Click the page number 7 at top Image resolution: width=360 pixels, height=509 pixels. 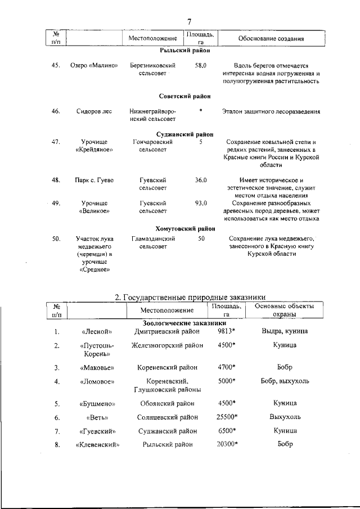189,22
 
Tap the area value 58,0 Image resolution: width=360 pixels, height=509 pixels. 201,65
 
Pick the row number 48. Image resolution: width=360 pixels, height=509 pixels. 56,180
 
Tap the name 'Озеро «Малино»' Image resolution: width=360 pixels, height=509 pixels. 94,65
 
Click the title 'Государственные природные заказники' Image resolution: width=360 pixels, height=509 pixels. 190,297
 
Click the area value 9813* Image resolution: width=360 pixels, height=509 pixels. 226,331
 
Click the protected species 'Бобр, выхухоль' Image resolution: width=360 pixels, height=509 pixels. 285,381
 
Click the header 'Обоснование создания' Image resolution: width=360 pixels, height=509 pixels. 271,39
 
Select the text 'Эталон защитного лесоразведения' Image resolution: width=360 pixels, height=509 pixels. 271,111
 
